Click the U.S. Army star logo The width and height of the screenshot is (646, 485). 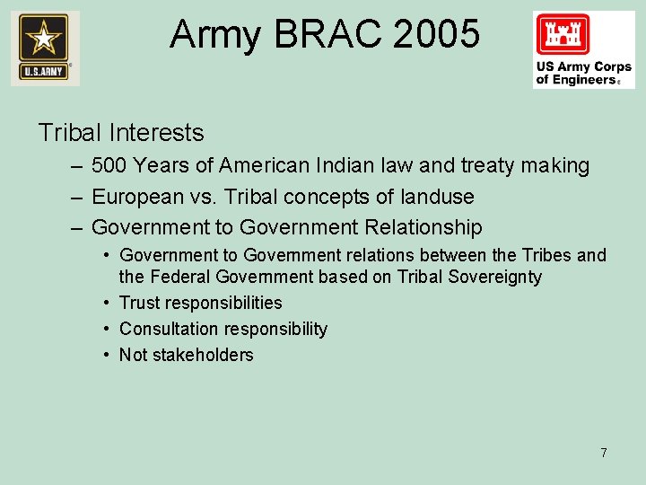coord(45,48)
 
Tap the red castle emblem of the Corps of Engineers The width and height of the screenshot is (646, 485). coord(563,36)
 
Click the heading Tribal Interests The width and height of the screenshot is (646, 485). coord(121,133)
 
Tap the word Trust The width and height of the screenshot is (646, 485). coord(139,304)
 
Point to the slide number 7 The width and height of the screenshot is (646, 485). coord(604,453)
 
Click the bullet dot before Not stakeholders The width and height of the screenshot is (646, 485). coord(107,355)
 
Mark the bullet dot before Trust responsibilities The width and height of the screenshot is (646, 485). coord(107,304)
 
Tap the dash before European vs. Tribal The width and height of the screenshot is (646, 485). coord(74,197)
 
